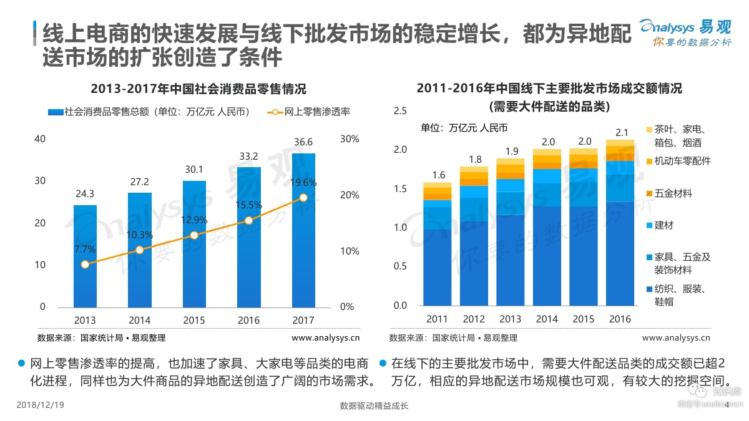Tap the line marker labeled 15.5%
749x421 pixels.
tap(248, 220)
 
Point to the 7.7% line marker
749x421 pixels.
tap(85, 264)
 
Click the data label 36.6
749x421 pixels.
tap(303, 142)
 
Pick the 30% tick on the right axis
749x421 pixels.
tap(350, 139)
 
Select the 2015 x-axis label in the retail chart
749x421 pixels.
tap(194, 320)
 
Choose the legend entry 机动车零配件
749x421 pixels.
tap(682, 162)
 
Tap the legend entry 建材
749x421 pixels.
tap(664, 225)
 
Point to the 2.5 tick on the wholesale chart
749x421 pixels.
tap(399, 111)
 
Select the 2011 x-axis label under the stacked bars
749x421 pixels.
tap(437, 319)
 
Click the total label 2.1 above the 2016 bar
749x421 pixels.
tap(620, 133)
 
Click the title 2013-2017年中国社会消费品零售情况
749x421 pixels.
tap(198, 89)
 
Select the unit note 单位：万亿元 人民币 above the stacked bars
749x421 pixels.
tap(464, 128)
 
